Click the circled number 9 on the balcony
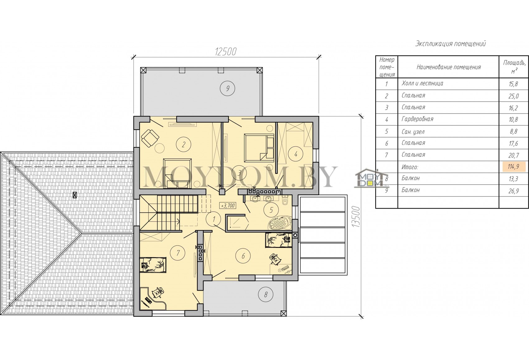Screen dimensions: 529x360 [227, 88]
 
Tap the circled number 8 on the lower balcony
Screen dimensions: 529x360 [266, 295]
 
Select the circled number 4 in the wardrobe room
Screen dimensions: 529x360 [296, 154]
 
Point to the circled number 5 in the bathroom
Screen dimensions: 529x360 [271, 210]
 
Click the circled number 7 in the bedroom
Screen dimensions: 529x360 [178, 253]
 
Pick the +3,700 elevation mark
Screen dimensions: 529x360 [228, 206]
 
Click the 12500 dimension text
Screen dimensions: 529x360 [226, 52]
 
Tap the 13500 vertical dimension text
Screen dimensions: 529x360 [356, 217]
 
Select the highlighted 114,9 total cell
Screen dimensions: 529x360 [513, 167]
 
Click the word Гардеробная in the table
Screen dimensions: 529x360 [417, 119]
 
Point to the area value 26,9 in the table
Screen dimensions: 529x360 [513, 191]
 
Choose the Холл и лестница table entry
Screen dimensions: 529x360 [422, 83]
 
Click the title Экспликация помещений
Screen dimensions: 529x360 [451, 44]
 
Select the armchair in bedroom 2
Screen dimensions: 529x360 [150, 138]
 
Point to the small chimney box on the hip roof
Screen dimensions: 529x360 [75, 195]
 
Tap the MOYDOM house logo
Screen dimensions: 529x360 [370, 178]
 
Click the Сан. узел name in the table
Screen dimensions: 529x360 [413, 132]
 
